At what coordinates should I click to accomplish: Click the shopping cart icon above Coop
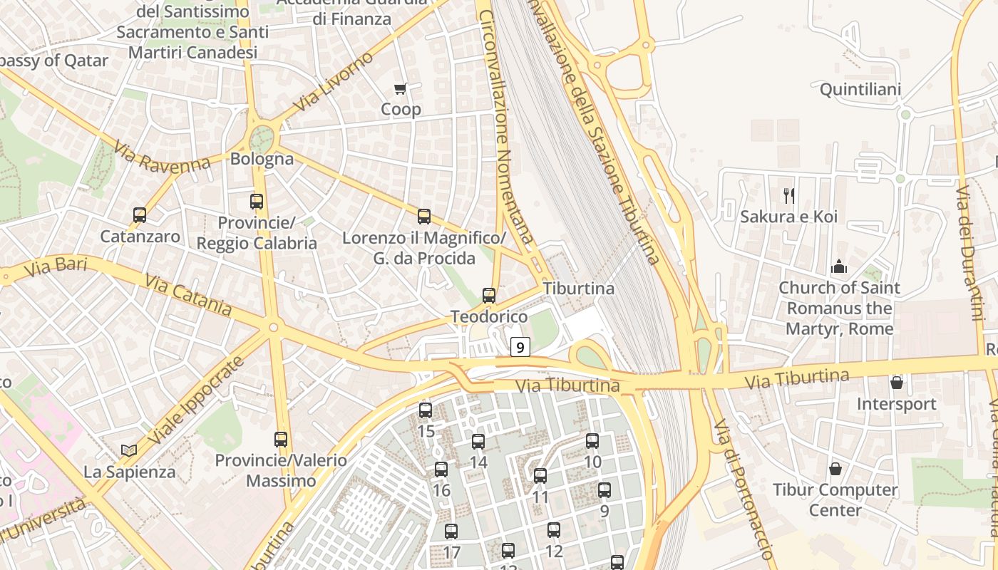pyautogui.click(x=400, y=89)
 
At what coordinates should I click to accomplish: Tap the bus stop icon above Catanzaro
pyautogui.click(x=140, y=214)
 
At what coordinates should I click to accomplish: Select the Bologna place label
pyautogui.click(x=262, y=159)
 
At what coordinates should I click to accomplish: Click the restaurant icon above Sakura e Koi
pyautogui.click(x=788, y=195)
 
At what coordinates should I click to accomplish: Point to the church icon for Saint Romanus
pyautogui.click(x=839, y=266)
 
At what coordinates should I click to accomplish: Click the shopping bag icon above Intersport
pyautogui.click(x=896, y=383)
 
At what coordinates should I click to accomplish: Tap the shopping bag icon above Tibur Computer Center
pyautogui.click(x=835, y=469)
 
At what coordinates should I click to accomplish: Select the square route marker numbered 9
pyautogui.click(x=520, y=347)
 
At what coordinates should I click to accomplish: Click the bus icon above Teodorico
pyautogui.click(x=489, y=295)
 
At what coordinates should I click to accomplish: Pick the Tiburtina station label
pyautogui.click(x=578, y=289)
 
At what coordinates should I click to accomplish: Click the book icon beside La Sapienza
pyautogui.click(x=129, y=450)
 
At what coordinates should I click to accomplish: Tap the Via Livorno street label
pyautogui.click(x=332, y=82)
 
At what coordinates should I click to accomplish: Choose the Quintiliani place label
pyautogui.click(x=860, y=90)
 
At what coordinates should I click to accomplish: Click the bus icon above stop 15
pyautogui.click(x=426, y=410)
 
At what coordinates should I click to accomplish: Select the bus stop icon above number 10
pyautogui.click(x=592, y=440)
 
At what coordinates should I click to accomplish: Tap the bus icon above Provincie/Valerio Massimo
pyautogui.click(x=281, y=439)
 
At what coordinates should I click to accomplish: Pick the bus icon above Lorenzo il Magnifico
pyautogui.click(x=424, y=217)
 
